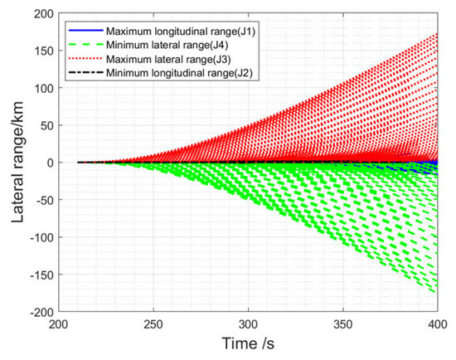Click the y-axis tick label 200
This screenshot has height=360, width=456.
coord(44,14)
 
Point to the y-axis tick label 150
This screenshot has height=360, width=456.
coord(44,51)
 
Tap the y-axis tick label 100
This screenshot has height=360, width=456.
coord(44,89)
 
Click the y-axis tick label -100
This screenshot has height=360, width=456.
coord(42,238)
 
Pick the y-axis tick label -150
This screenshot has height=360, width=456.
coord(42,275)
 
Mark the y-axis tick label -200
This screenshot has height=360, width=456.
coord(42,313)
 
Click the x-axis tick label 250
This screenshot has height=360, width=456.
coord(153,324)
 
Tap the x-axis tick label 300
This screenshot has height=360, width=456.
coord(248,324)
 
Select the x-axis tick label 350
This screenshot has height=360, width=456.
coord(343,324)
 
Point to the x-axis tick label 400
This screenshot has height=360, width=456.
coord(438,324)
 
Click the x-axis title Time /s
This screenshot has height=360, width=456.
coord(248,343)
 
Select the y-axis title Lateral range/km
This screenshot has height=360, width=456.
coord(17,162)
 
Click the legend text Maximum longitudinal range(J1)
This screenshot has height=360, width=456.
coord(181,32)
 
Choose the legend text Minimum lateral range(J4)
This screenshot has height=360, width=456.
coord(167,45)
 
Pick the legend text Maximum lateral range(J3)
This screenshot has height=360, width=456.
coord(168,59)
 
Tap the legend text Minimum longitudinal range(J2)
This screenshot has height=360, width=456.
coord(179,73)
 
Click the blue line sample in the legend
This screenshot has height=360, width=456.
coord(85,30)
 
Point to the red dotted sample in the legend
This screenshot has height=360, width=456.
coord(85,58)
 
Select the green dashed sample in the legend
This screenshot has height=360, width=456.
coord(85,44)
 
